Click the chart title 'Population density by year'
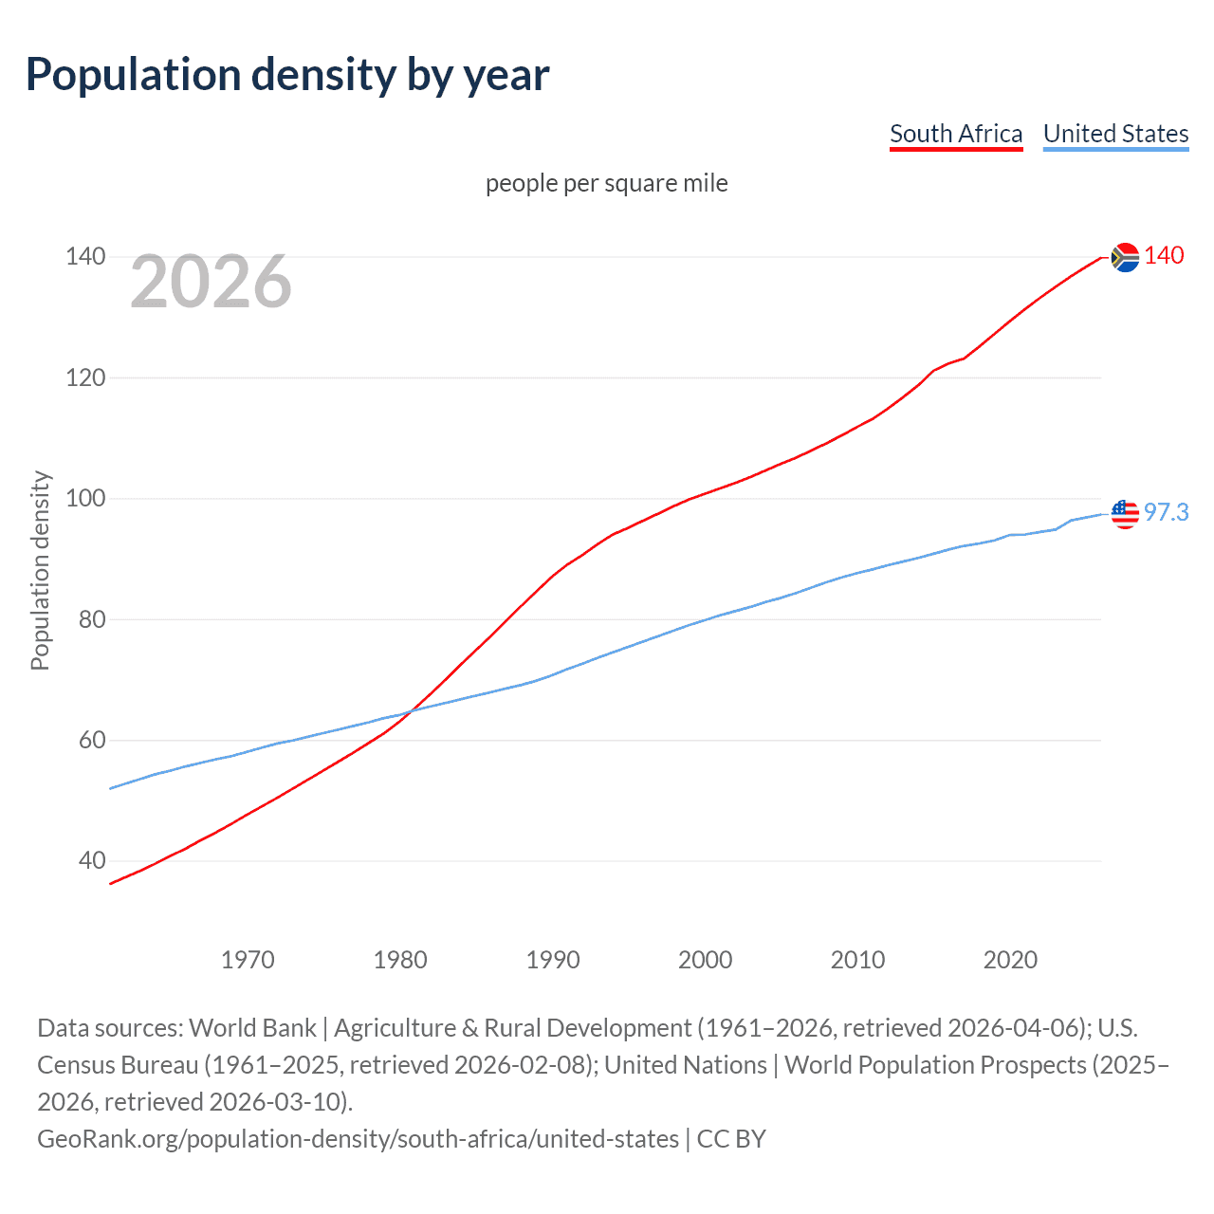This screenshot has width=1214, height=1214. (287, 75)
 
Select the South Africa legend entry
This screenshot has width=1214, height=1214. (956, 134)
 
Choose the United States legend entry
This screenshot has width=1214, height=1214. (1115, 134)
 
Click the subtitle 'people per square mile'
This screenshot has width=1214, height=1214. (606, 183)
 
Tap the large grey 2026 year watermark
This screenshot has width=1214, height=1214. (211, 281)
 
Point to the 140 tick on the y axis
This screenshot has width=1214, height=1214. (85, 256)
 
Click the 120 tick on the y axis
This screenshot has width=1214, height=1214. (85, 377)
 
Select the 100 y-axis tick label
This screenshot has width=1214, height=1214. (85, 499)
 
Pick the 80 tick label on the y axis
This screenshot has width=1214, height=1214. (91, 619)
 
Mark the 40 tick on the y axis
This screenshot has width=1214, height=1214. (91, 861)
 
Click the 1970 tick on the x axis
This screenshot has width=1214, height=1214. (248, 960)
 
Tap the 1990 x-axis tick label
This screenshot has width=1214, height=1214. (553, 960)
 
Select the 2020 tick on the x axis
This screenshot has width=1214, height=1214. (1010, 960)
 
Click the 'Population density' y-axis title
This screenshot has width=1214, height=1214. (40, 571)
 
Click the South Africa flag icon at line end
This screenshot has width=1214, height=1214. (1125, 257)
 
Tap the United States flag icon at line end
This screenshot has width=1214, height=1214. (1125, 513)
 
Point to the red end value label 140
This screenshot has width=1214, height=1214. (1164, 256)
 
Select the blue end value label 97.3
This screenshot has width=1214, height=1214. (1166, 513)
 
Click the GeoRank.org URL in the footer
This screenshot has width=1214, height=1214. (358, 1138)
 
